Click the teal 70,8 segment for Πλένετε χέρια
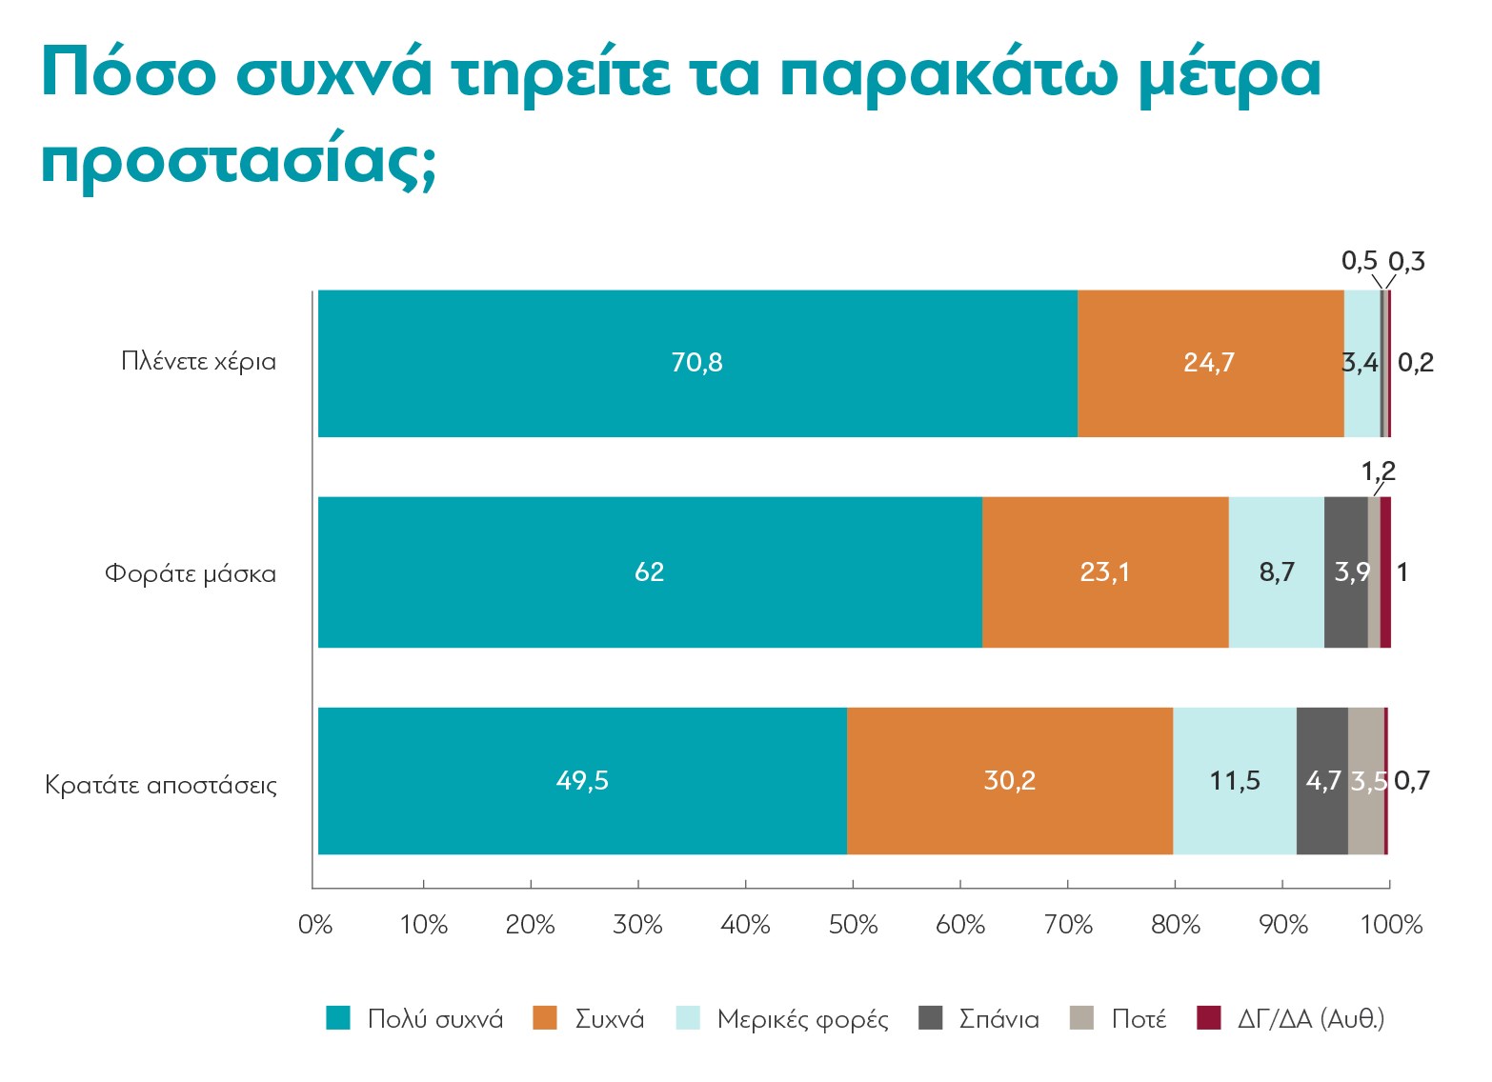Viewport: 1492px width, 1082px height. pyautogui.click(x=696, y=363)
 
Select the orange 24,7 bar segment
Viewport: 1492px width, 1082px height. pyautogui.click(x=1209, y=363)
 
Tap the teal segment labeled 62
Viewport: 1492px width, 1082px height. pyautogui.click(x=649, y=571)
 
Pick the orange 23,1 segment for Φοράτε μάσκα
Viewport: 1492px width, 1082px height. pyautogui.click(x=1104, y=571)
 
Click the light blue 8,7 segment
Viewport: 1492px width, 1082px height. pyautogui.click(x=1276, y=571)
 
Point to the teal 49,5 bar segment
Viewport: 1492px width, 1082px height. pyautogui.click(x=582, y=781)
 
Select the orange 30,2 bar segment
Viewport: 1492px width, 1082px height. pyautogui.click(x=1009, y=781)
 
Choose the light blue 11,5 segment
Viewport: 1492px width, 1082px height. pyautogui.click(x=1234, y=781)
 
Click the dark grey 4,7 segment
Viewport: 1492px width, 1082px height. pyautogui.click(x=1322, y=781)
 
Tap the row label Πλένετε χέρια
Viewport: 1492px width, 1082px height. pyautogui.click(x=198, y=362)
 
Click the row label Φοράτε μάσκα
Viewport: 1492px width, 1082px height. pyautogui.click(x=191, y=573)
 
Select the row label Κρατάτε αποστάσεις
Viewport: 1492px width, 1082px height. pyautogui.click(x=161, y=786)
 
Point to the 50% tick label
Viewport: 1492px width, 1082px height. pyautogui.click(x=853, y=925)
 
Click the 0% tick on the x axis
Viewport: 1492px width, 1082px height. pyautogui.click(x=315, y=925)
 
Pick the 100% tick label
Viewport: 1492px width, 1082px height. pyautogui.click(x=1391, y=925)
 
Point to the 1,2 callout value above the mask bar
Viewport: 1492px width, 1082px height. pyautogui.click(x=1378, y=471)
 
